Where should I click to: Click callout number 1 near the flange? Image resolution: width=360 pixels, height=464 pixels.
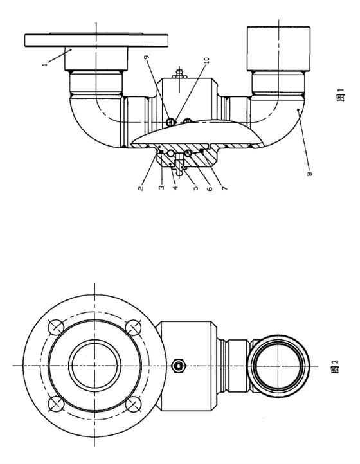point(45,64)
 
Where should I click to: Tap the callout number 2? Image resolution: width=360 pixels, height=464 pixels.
point(141,188)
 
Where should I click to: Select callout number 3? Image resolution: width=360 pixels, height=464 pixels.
point(161,187)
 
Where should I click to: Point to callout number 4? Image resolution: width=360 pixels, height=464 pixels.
point(175,187)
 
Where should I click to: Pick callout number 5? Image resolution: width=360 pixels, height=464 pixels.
point(195,188)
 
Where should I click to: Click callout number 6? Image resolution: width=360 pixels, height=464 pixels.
point(210,188)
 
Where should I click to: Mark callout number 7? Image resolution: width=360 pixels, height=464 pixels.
point(224,188)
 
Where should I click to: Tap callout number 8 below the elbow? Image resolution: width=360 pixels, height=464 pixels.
point(309,173)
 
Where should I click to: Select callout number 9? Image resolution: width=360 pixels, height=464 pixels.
point(147,57)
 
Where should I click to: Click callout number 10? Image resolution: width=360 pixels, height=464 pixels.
point(207,60)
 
